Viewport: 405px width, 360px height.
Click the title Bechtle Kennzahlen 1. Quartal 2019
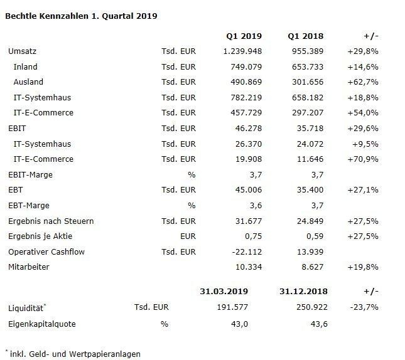click(81, 16)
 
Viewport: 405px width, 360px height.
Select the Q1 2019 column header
click(244, 36)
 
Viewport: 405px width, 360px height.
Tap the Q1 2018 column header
click(306, 36)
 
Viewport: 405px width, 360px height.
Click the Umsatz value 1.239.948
click(242, 51)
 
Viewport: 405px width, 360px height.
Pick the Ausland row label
click(28, 82)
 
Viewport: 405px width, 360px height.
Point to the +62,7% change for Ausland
click(363, 82)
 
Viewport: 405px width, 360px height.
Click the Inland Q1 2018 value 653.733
click(308, 67)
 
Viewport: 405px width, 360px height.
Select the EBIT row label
click(17, 129)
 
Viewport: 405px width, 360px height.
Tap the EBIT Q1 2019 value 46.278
click(249, 129)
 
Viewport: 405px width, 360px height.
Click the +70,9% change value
click(363, 159)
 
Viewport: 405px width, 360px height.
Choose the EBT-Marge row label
click(29, 206)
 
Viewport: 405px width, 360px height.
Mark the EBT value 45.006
click(249, 190)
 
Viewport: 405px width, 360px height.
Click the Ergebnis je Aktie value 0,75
click(254, 236)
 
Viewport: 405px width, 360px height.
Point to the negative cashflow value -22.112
click(247, 251)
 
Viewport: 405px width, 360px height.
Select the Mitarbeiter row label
click(29, 267)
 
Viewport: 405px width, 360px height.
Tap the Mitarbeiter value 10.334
click(249, 267)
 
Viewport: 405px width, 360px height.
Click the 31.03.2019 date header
click(224, 292)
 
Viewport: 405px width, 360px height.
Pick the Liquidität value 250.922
click(312, 307)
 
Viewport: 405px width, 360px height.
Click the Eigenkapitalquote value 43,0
click(239, 324)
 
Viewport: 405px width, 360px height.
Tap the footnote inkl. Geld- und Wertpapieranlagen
click(75, 354)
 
